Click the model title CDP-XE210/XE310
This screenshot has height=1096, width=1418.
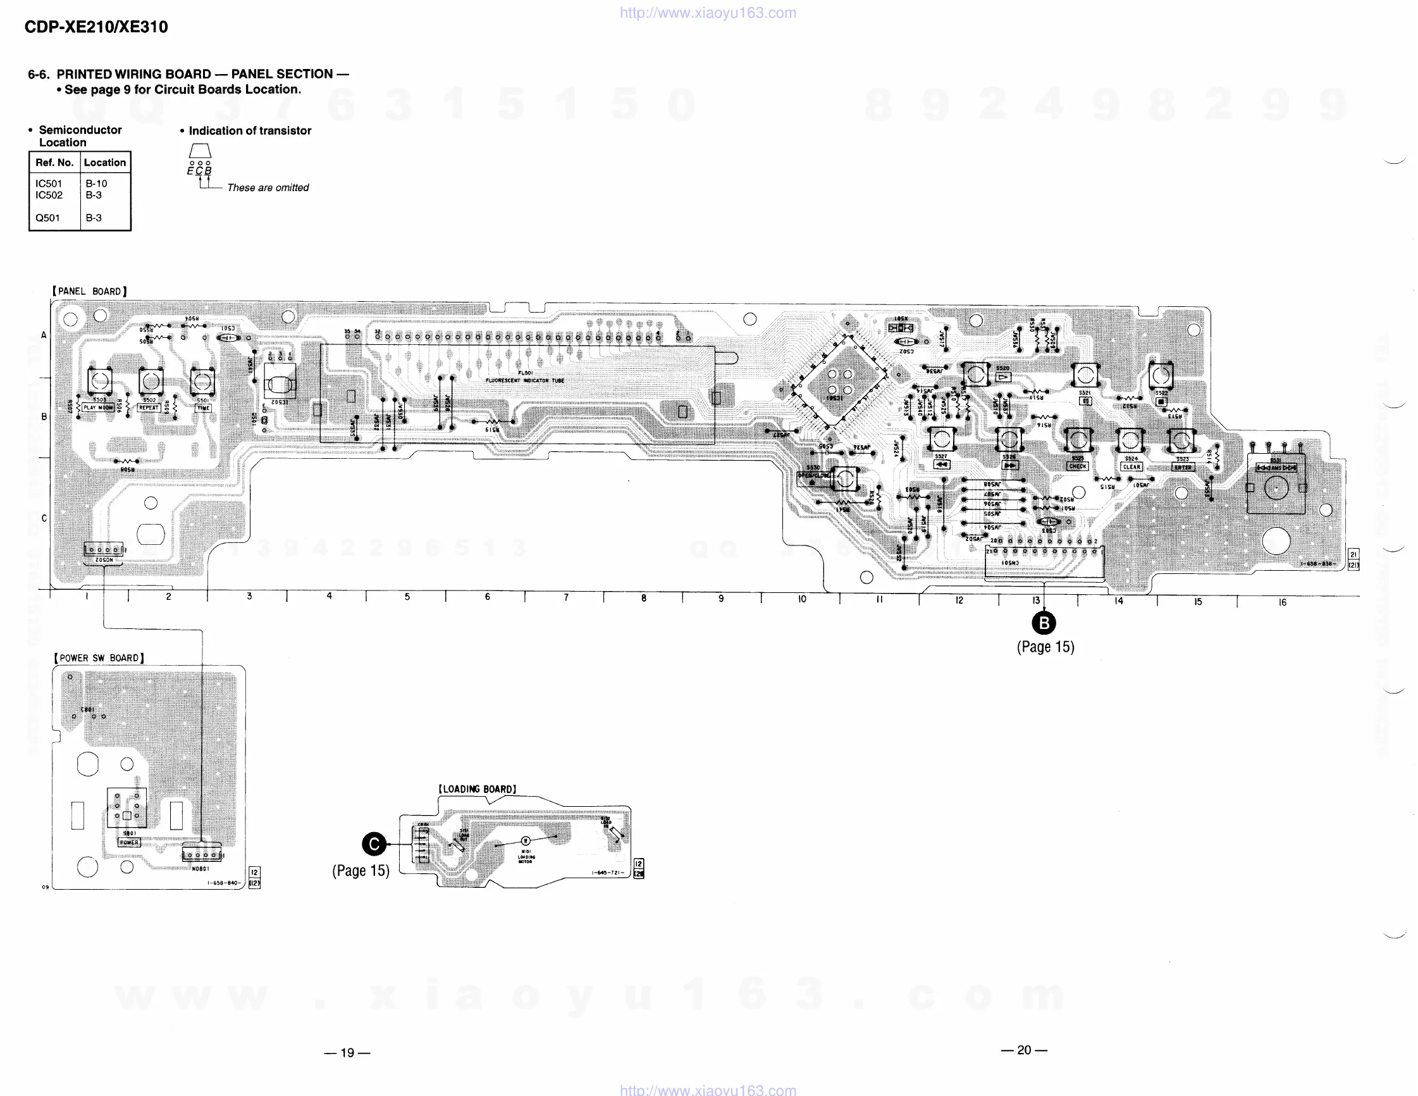pos(96,27)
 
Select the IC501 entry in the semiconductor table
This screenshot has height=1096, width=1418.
pos(49,184)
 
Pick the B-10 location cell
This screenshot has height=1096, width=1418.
pos(96,184)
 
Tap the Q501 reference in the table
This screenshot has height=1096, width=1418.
pos(47,218)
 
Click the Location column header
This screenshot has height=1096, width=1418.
pos(104,163)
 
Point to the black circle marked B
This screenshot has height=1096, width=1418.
pos(1044,624)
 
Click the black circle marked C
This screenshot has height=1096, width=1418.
pos(374,844)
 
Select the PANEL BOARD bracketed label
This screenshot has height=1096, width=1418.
pos(90,292)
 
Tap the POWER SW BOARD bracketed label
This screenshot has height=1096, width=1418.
pos(99,658)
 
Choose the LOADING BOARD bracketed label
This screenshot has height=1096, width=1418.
pos(478,789)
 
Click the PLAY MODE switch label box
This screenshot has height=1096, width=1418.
pos(98,408)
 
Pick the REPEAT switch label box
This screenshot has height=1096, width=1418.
pos(149,408)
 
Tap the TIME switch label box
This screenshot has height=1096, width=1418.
pos(203,409)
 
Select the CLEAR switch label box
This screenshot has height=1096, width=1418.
pos(1131,467)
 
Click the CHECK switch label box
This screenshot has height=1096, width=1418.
pos(1078,466)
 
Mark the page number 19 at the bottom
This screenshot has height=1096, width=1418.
pos(347,1052)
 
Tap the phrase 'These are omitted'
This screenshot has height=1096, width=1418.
pos(268,188)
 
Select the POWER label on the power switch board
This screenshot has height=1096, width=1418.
pos(128,843)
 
